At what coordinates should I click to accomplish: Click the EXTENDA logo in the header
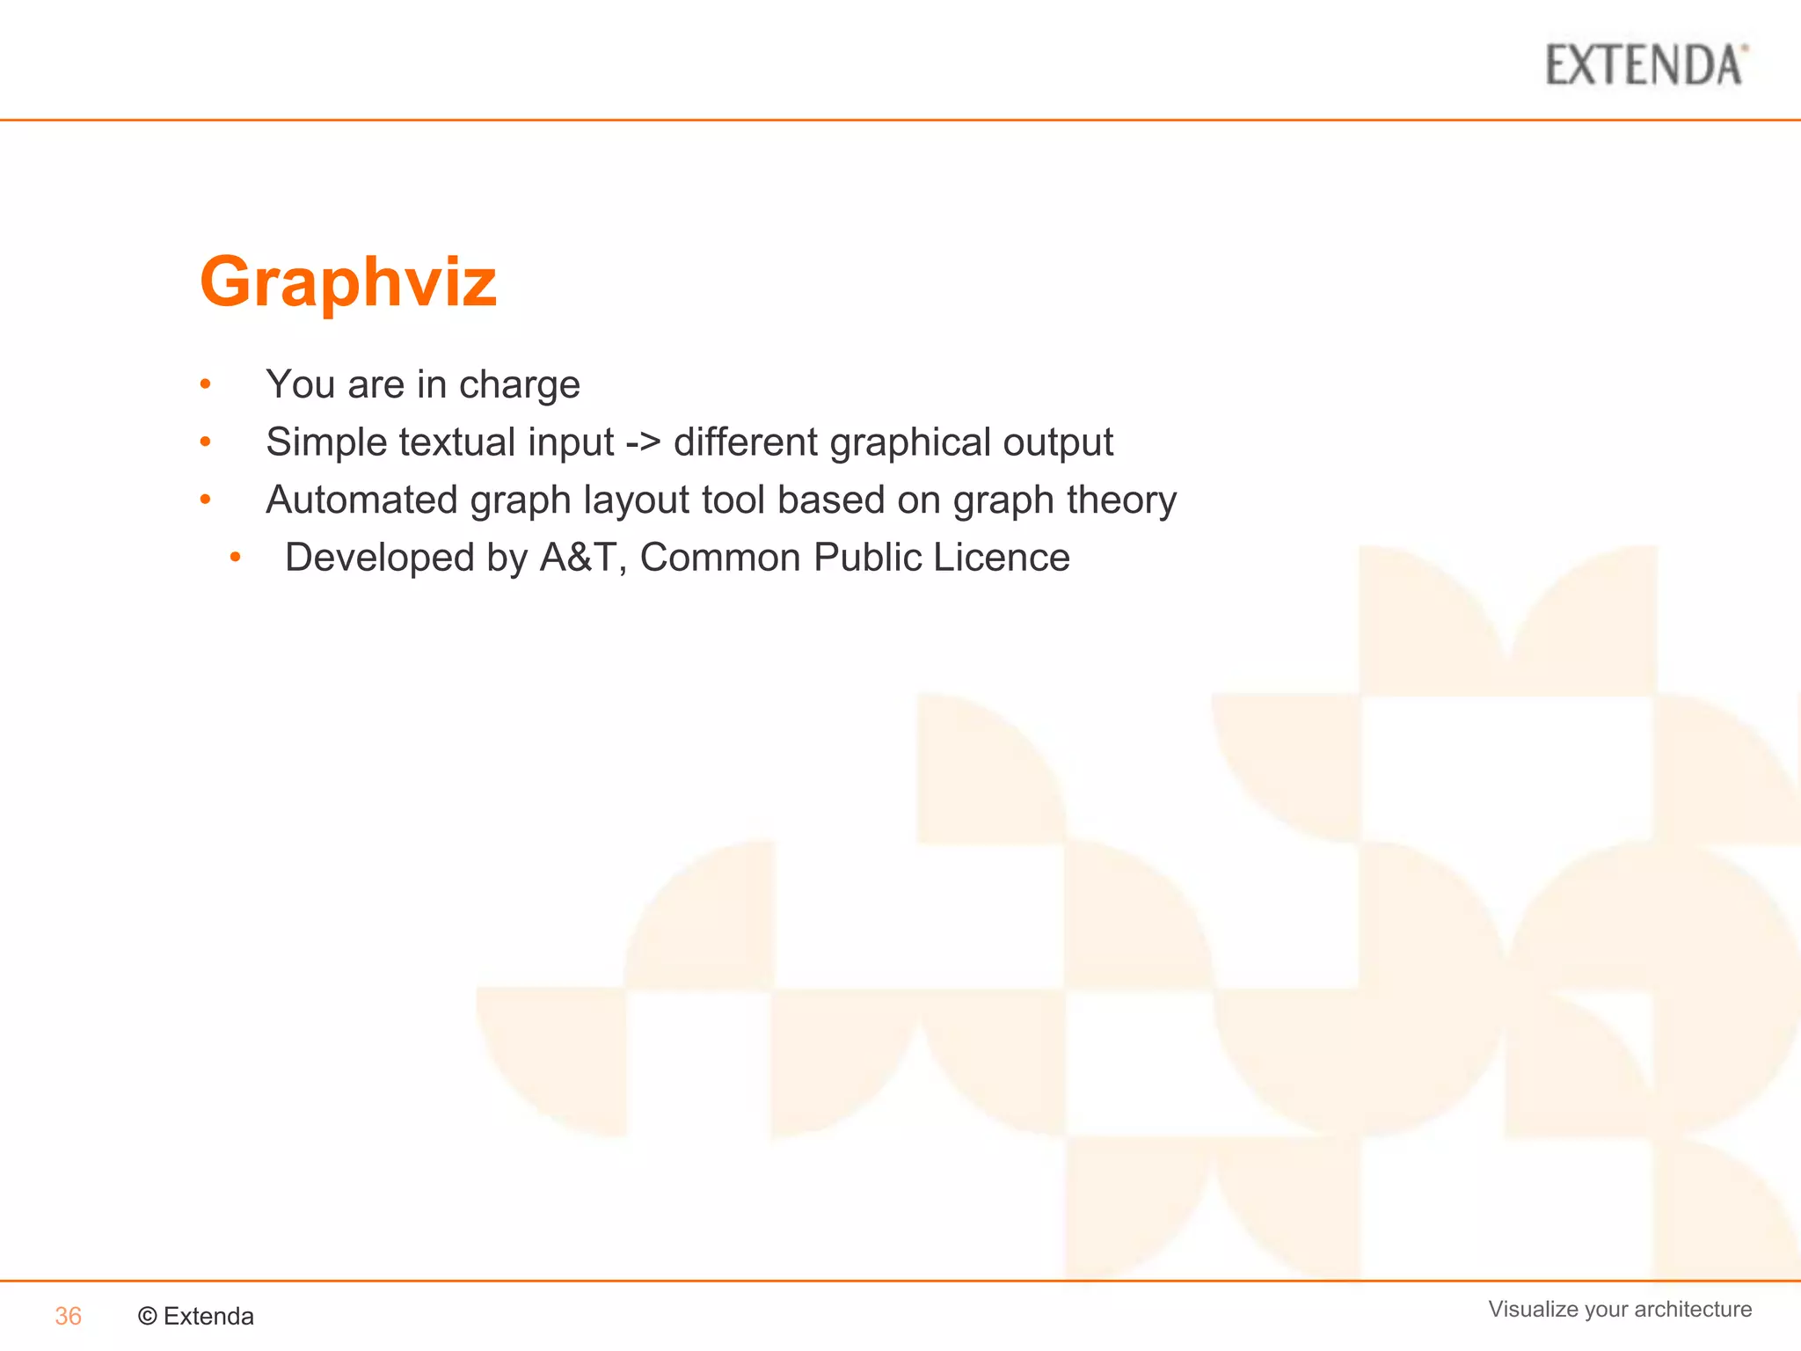tap(1645, 65)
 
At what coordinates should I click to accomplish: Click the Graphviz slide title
tap(348, 281)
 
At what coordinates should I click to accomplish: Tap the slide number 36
tap(68, 1316)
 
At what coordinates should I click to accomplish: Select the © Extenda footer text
tap(196, 1316)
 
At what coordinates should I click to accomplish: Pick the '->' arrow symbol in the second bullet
tap(643, 442)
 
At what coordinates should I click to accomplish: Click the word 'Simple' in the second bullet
tap(326, 442)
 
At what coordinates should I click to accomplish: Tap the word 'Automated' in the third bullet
tap(361, 500)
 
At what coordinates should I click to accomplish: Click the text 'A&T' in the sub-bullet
tap(577, 558)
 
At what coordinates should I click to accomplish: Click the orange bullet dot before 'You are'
tap(205, 383)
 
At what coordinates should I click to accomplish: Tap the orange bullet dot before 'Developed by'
tap(235, 557)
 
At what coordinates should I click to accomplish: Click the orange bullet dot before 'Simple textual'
tap(205, 442)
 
